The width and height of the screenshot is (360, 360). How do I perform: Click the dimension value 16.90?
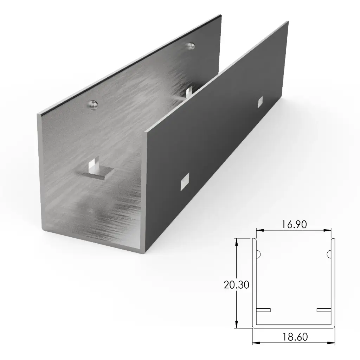pos(294,224)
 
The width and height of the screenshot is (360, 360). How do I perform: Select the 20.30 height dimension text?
pos(237,284)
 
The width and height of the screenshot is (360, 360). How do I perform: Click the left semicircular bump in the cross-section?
pos(258,253)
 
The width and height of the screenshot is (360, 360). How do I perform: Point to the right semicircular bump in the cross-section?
pos(329,253)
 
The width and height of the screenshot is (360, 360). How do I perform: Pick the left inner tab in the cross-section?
pos(263,310)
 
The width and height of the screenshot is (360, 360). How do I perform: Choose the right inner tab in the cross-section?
pos(324,310)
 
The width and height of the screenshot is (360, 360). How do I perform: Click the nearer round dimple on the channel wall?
pos(92,104)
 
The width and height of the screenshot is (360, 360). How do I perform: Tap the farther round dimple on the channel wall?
pos(191,46)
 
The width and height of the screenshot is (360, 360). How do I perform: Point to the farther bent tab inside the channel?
pos(189,92)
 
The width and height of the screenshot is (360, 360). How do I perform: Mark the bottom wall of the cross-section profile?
pos(294,327)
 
